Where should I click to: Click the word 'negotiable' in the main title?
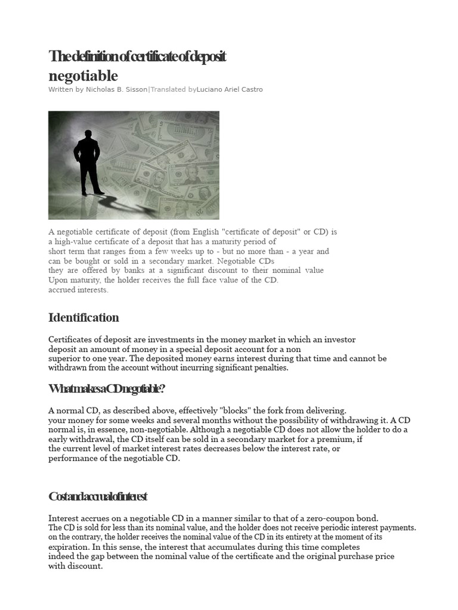(x=83, y=76)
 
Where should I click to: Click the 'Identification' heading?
(x=83, y=317)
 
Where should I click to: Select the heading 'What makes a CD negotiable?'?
(x=106, y=388)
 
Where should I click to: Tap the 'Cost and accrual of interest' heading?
(x=97, y=496)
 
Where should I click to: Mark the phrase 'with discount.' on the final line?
(x=75, y=566)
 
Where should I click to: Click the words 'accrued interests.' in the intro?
(x=78, y=290)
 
